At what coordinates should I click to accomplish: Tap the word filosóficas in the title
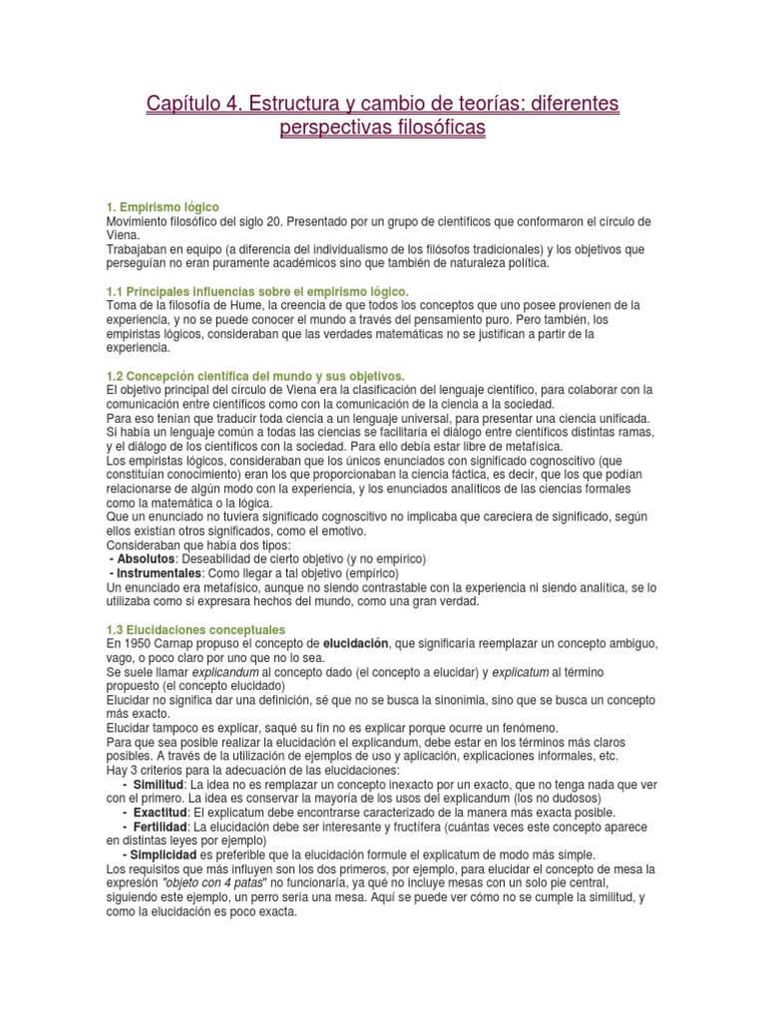(434, 129)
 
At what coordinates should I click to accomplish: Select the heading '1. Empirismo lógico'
(162, 206)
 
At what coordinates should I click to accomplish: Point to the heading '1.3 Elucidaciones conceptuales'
(195, 630)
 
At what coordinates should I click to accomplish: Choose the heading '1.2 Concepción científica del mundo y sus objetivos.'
(254, 375)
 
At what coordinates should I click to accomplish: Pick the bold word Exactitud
(164, 813)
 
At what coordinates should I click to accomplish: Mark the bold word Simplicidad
(159, 854)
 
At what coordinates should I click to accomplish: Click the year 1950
(133, 644)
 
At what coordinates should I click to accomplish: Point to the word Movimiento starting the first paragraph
(138, 220)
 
